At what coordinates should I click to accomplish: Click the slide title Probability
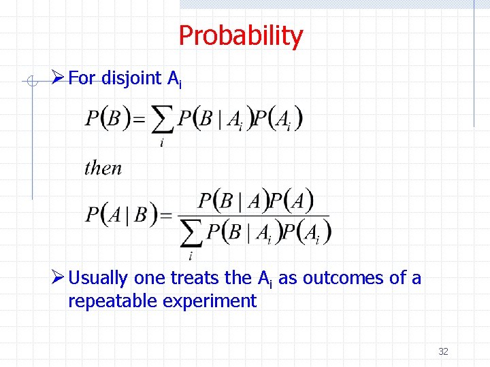(x=240, y=36)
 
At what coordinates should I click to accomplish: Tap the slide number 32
(x=443, y=351)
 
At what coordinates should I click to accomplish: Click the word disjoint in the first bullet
(x=133, y=79)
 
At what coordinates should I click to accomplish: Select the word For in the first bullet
(x=82, y=79)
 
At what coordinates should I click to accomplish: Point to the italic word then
(x=103, y=168)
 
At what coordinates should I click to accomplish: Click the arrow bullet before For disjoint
(x=59, y=78)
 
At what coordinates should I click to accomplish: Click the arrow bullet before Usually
(x=59, y=277)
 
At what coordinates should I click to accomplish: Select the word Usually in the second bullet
(x=98, y=278)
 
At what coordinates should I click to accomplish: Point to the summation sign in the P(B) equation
(x=161, y=122)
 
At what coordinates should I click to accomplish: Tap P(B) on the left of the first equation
(x=108, y=120)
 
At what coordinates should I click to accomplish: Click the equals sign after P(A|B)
(x=165, y=216)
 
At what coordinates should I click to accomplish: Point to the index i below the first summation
(x=161, y=143)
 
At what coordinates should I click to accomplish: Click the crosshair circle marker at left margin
(x=31, y=82)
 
